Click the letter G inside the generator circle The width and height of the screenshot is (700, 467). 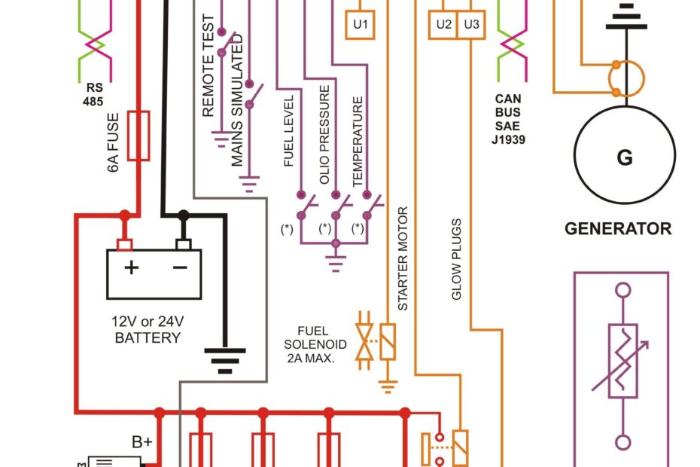(624, 157)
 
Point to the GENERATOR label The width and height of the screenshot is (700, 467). (617, 228)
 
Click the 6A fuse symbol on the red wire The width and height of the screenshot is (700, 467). (138, 136)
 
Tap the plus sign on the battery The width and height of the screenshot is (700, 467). (131, 267)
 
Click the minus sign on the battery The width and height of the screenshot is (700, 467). (180, 267)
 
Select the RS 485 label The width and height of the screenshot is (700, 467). (93, 94)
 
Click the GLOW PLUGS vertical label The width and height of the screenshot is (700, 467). (456, 260)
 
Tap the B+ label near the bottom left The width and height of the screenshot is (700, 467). (142, 442)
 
